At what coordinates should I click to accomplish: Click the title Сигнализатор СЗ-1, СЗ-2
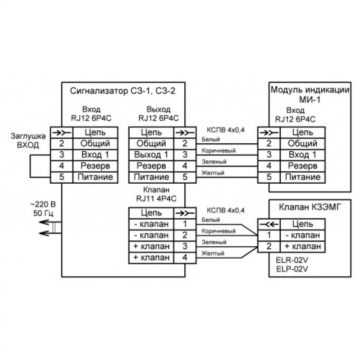[x=123, y=91]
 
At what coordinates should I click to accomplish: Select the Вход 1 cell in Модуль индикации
[x=303, y=154]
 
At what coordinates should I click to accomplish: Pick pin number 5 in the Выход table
[x=185, y=177]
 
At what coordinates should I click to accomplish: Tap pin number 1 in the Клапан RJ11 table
[x=185, y=224]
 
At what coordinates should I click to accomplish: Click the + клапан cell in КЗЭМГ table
[x=303, y=246]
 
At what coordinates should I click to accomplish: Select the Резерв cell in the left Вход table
[x=95, y=166]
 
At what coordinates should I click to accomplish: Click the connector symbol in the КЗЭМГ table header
[x=269, y=224]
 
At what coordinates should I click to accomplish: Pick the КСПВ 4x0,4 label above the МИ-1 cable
[x=225, y=130]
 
